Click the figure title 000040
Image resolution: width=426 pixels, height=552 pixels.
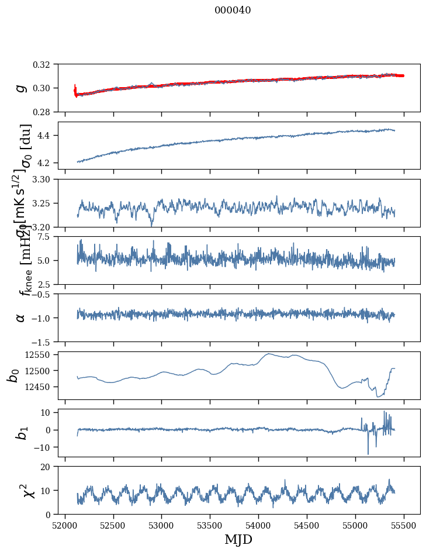[x=233, y=11]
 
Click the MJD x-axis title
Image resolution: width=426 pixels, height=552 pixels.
[x=238, y=539]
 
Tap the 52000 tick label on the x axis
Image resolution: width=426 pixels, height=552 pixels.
[x=65, y=525]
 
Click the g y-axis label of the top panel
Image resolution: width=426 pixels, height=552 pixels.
[x=21, y=88]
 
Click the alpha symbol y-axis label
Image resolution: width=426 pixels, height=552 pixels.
[x=21, y=318]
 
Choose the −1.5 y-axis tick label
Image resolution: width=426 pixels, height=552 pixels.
[x=47, y=341]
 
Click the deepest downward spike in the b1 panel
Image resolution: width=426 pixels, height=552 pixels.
[x=368, y=454]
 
